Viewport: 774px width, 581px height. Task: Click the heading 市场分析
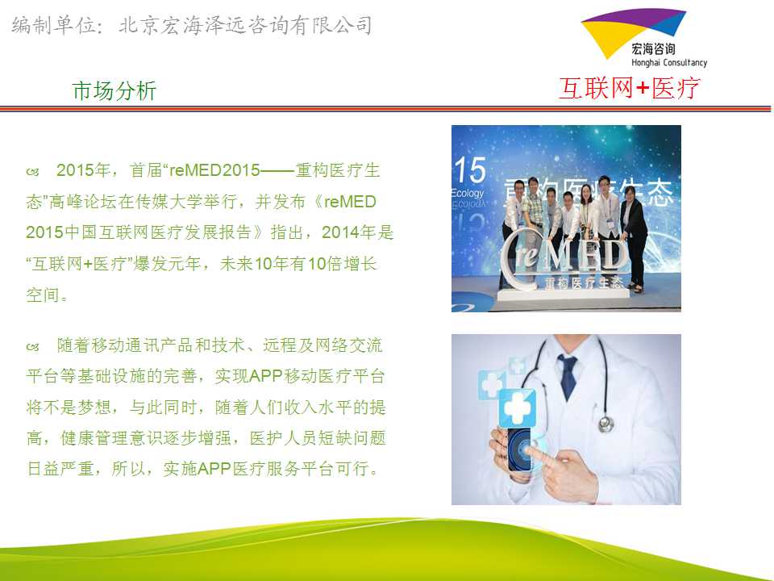tap(114, 91)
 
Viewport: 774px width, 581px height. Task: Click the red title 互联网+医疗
tap(630, 89)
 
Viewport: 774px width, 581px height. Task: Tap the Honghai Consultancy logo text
tap(669, 63)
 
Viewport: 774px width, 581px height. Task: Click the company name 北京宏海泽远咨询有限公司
tap(245, 25)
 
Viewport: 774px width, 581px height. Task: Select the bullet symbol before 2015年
tap(32, 172)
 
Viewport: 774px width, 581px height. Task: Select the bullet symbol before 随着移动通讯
tap(32, 347)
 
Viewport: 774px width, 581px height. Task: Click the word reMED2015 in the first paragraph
tap(214, 170)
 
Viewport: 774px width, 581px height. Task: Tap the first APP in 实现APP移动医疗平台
tap(266, 376)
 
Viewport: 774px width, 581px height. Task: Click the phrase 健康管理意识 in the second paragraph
tap(111, 437)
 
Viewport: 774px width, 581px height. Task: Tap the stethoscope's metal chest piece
tap(605, 424)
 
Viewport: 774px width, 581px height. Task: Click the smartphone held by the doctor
tap(520, 449)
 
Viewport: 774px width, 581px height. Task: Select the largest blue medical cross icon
tap(518, 407)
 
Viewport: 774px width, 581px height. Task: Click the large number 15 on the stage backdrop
tap(470, 170)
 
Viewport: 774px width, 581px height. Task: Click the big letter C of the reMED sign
tap(516, 259)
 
